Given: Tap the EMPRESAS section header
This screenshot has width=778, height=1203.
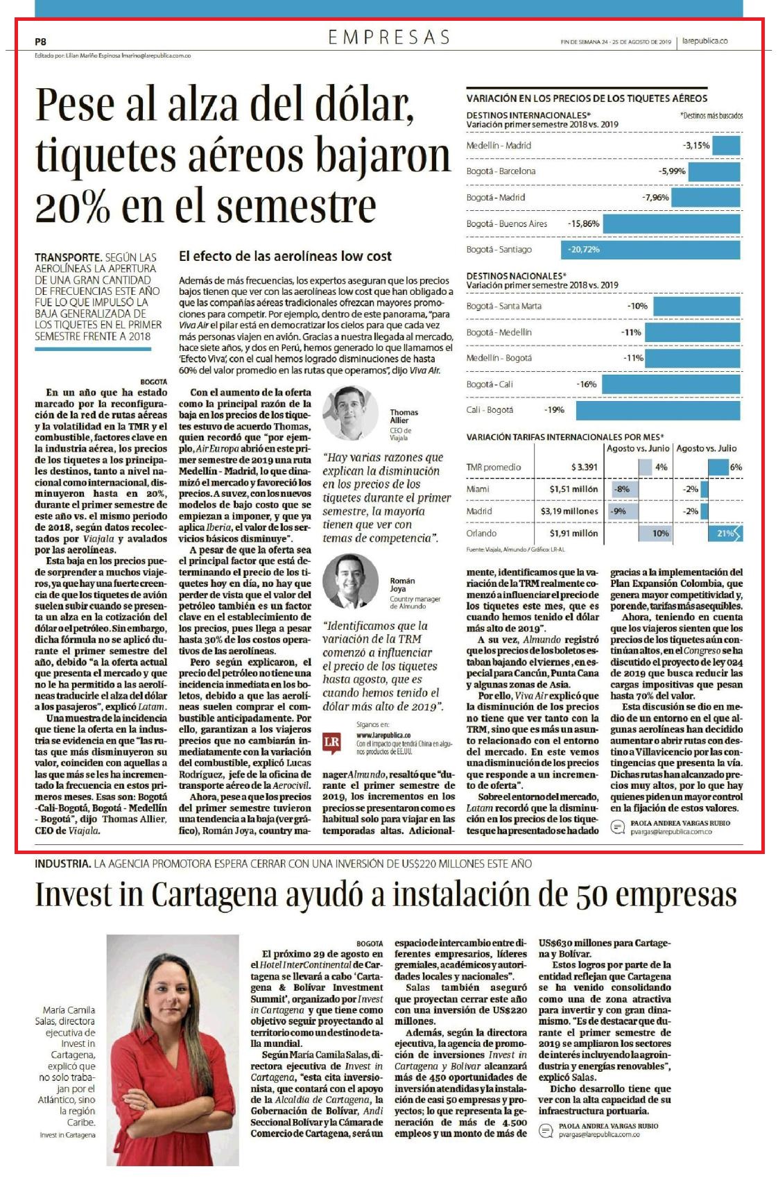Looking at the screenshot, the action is coord(389,37).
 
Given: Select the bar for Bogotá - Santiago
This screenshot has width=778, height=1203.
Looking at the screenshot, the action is coord(650,249).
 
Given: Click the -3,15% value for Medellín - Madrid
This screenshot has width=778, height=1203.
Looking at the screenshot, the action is coord(695,146).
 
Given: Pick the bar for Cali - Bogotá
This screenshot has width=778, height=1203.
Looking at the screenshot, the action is coord(658,410).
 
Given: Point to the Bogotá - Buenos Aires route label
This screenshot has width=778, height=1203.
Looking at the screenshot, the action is coord(507,223).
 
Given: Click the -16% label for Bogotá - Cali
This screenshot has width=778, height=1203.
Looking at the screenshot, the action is coord(587,384).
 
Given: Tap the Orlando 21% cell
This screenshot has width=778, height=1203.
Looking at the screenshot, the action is coord(723,534).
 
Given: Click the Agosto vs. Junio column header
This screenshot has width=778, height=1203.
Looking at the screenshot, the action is coord(638,448).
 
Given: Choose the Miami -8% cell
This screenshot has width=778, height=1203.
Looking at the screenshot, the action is coord(622,489).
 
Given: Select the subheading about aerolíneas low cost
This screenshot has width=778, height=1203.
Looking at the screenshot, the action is coord(285,256).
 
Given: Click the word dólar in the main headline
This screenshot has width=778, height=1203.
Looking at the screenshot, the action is coord(352,104).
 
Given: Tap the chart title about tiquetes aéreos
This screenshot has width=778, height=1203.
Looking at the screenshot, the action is coord(587,99).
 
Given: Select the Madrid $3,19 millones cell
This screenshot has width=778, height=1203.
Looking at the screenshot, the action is coord(569,511).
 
